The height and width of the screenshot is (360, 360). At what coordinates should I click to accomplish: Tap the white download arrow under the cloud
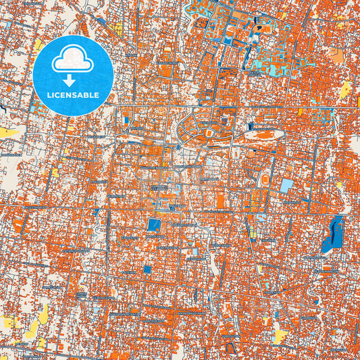coord(72,75)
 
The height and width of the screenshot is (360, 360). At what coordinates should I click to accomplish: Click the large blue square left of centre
coord(154,225)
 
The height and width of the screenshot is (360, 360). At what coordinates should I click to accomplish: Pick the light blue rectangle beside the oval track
coord(287,184)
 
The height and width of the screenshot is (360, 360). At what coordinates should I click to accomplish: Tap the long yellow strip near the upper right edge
coord(345,89)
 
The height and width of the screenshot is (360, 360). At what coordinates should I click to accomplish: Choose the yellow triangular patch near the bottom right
coord(280,335)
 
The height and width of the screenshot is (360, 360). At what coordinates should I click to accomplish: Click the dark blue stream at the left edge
coord(4,107)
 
